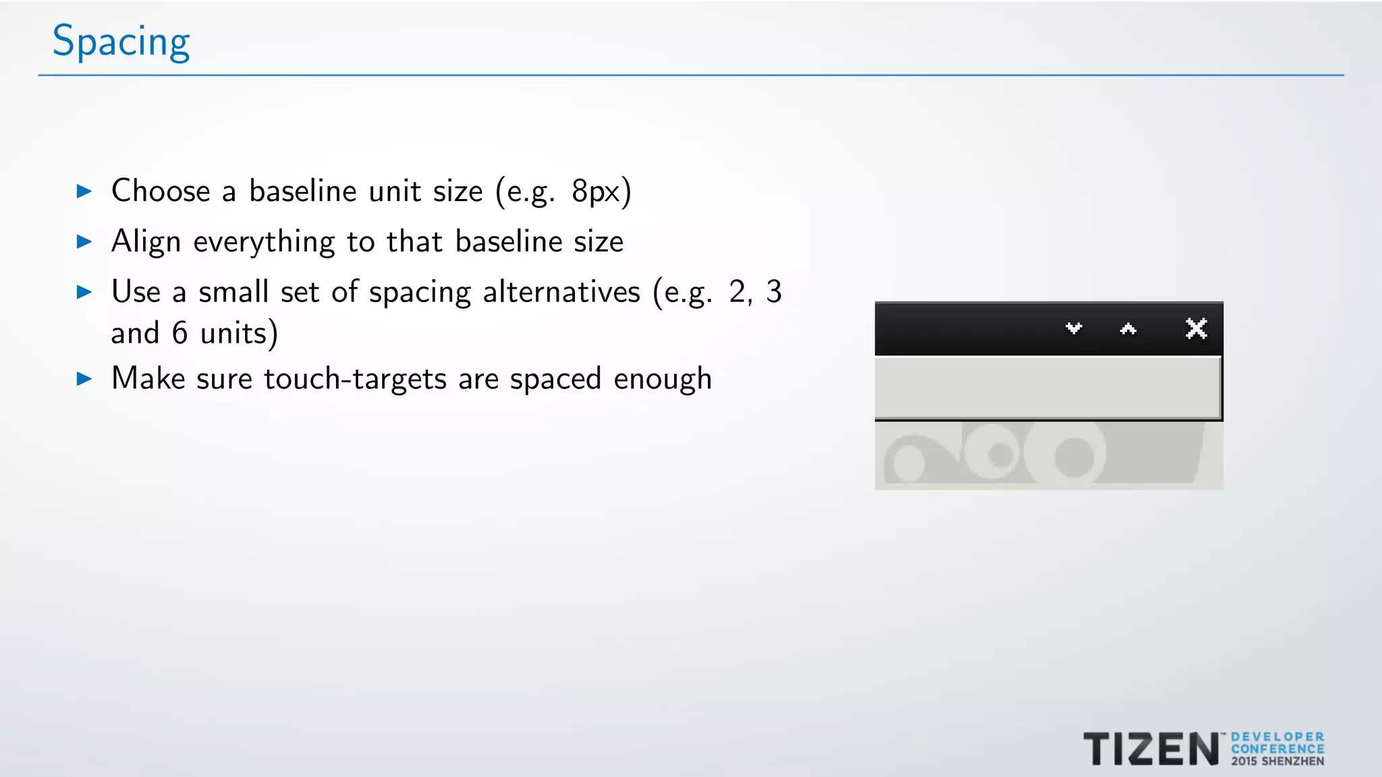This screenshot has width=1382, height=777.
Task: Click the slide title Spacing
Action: (121, 42)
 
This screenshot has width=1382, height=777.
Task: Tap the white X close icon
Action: (1196, 328)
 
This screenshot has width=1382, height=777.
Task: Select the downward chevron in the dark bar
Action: (1074, 328)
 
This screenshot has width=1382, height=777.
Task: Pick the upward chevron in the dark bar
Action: (1128, 328)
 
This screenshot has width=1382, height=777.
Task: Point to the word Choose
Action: (161, 191)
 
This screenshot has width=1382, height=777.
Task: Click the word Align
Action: (146, 242)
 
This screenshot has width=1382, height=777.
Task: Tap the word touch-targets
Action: (355, 379)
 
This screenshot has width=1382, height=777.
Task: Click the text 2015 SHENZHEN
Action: (1277, 761)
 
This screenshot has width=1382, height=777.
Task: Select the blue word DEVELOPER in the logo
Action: (1277, 737)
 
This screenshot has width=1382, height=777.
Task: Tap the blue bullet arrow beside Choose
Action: (84, 192)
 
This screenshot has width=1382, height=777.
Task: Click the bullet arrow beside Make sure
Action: (84, 378)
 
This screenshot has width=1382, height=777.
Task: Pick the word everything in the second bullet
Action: (264, 242)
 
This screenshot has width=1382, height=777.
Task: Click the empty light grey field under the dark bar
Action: (1047, 388)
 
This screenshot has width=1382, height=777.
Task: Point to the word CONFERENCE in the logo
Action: (1277, 749)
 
